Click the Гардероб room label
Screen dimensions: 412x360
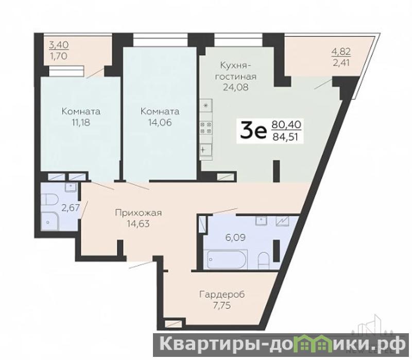click(222, 295)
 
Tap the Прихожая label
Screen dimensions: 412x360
click(139, 213)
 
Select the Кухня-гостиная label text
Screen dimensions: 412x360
click(236, 71)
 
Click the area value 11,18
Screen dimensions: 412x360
click(81, 123)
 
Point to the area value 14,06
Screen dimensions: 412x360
click(160, 123)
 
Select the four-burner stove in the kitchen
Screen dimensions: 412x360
click(207, 127)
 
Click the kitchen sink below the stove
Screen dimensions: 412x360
click(206, 150)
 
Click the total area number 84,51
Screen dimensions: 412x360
click(286, 137)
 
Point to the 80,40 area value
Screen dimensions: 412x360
click(286, 124)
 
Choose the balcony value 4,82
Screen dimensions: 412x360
click(341, 52)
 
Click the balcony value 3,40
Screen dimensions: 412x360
click(59, 45)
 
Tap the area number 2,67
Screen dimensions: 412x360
click(71, 208)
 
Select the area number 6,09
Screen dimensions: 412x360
click(235, 238)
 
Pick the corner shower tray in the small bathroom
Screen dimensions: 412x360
click(50, 221)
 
